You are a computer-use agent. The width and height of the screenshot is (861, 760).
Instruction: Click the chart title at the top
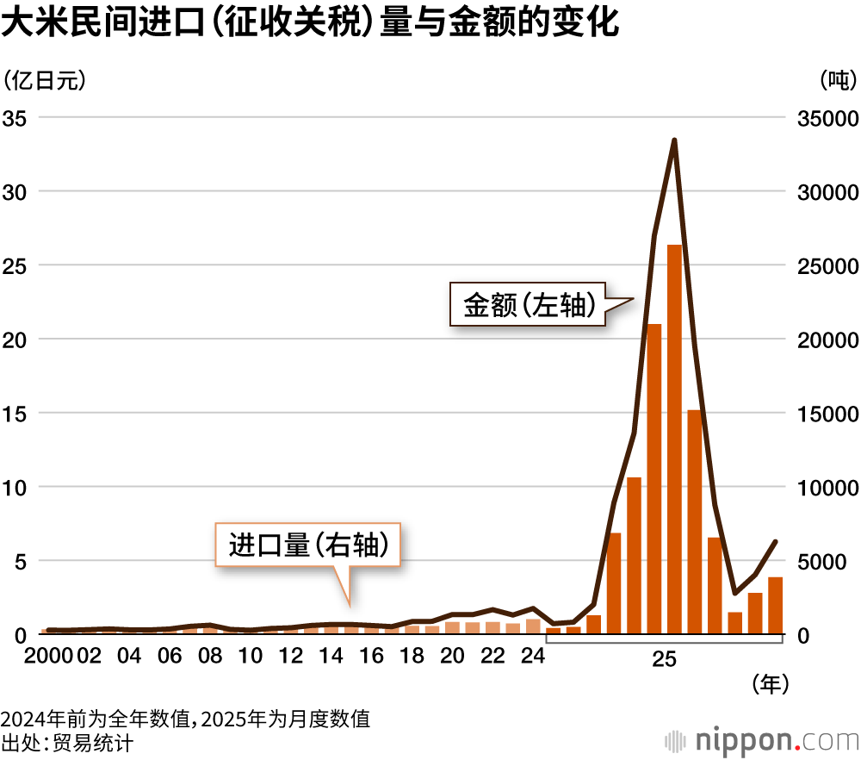(310, 22)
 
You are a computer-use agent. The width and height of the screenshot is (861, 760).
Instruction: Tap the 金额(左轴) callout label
(529, 305)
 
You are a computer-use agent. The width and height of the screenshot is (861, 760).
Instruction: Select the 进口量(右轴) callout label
(308, 545)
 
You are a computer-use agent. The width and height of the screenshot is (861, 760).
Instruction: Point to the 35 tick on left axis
(15, 118)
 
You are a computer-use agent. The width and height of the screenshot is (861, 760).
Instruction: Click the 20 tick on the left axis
(15, 340)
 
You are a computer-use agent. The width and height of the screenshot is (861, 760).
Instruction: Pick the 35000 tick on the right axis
(827, 118)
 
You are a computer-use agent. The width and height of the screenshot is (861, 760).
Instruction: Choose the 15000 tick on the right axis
(827, 414)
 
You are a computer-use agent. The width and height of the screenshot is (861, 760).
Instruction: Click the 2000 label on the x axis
(48, 655)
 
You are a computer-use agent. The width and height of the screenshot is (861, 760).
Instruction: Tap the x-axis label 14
(331, 655)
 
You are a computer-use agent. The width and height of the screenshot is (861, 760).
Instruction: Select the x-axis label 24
(533, 655)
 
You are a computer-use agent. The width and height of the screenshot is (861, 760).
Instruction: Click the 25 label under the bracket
(664, 659)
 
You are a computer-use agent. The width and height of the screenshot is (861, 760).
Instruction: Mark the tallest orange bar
(674, 439)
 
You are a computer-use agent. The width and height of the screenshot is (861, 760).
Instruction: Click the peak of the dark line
(674, 140)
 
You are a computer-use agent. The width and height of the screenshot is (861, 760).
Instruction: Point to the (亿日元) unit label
(45, 80)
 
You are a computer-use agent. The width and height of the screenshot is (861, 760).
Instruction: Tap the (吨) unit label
(839, 80)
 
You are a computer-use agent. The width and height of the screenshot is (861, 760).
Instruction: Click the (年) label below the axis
(771, 684)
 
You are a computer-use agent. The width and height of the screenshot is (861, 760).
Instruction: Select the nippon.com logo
(762, 740)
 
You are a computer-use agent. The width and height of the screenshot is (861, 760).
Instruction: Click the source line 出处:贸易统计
(67, 743)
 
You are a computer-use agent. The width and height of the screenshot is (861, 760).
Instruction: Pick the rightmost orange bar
(776, 606)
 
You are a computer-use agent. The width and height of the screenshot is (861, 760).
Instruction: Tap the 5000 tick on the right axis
(821, 562)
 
